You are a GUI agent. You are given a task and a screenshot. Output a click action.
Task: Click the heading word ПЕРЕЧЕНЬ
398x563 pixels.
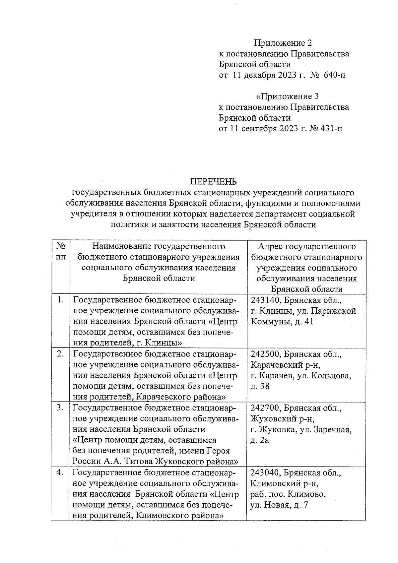click(x=213, y=181)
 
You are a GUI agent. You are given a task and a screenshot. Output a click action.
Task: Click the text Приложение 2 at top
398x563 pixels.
click(x=283, y=43)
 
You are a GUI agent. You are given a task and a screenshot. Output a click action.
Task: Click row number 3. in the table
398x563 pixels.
click(x=60, y=408)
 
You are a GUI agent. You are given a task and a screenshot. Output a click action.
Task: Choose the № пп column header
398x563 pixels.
click(x=60, y=252)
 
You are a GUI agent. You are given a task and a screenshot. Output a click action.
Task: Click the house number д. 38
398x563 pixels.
click(x=260, y=386)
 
